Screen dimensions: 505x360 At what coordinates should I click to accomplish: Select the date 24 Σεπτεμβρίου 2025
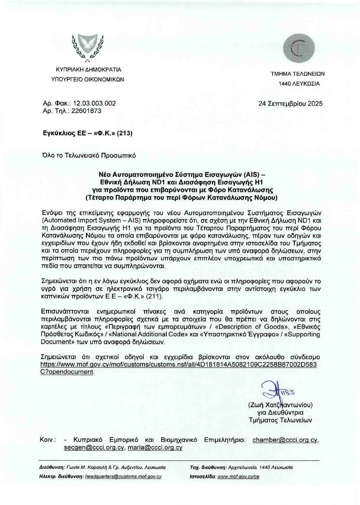[x=290, y=104]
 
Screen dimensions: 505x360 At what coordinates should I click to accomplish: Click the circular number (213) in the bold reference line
[x=124, y=133]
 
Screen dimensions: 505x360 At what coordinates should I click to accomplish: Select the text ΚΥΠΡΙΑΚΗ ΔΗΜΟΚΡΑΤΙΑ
[x=89, y=70]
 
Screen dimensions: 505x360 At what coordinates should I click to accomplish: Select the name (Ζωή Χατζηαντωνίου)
[x=280, y=405]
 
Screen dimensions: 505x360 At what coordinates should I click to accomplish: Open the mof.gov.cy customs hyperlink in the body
[x=179, y=364]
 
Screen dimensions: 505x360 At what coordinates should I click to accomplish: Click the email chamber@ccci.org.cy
[x=285, y=440]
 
